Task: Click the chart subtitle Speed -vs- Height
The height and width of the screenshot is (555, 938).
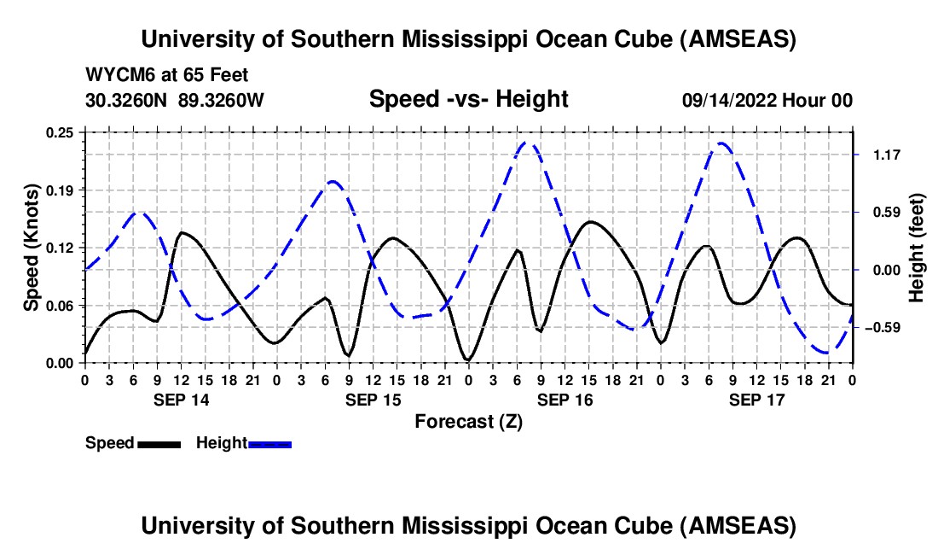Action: (x=468, y=100)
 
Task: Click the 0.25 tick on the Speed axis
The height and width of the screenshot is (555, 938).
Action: (x=61, y=132)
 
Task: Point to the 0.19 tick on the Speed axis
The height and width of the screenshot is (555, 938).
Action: (x=61, y=190)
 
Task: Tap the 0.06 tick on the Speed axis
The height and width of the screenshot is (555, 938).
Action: (x=61, y=306)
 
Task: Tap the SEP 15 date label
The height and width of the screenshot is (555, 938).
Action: (x=373, y=400)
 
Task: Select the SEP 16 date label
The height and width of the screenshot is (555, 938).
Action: (x=564, y=400)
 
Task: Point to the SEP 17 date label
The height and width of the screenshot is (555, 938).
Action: (x=756, y=400)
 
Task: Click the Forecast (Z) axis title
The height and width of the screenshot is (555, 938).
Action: (x=468, y=422)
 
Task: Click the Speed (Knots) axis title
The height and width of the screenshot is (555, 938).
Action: (x=32, y=248)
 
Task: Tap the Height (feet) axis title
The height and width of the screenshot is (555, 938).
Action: (x=917, y=248)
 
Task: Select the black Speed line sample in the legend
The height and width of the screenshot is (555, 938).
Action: (x=159, y=443)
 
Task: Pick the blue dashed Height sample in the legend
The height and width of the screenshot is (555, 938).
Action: (x=269, y=443)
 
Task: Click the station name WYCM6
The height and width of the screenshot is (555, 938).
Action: (x=117, y=75)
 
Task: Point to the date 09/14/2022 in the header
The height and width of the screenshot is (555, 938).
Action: (x=728, y=101)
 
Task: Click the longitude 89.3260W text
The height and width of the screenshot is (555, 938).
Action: (x=222, y=101)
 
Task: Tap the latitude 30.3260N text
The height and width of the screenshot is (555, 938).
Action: (x=127, y=101)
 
